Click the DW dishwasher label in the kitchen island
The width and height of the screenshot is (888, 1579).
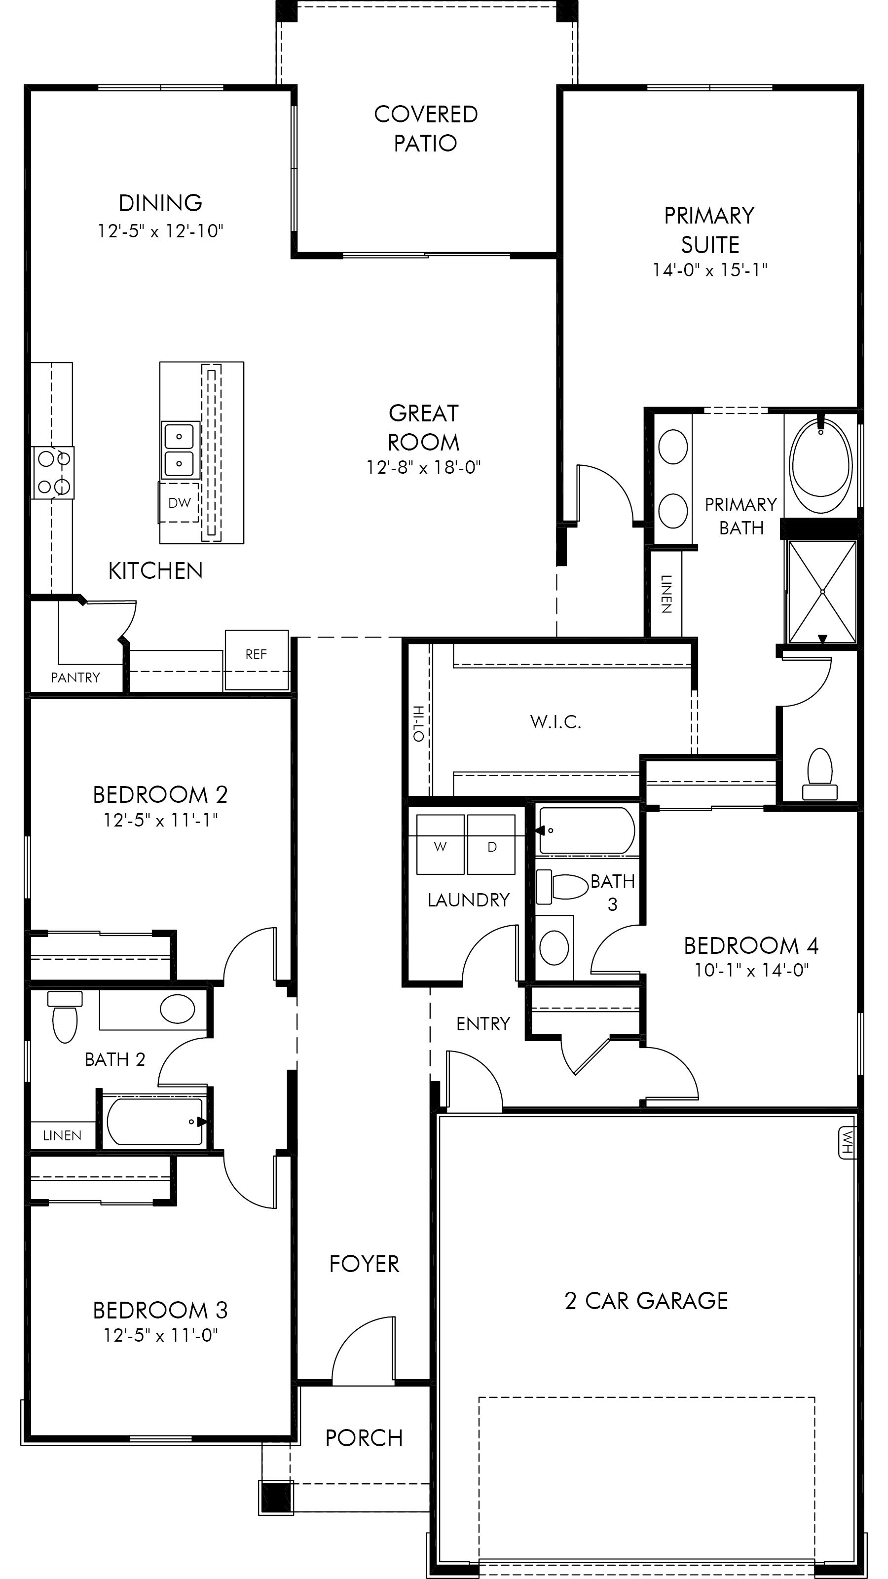180,503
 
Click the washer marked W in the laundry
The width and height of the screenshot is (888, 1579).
440,845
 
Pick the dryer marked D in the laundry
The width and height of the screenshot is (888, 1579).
491,845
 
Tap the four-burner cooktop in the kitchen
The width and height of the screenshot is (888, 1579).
53,473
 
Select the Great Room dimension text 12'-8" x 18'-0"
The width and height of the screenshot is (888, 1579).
423,468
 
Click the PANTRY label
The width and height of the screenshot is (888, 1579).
75,677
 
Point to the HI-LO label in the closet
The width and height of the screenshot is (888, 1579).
418,723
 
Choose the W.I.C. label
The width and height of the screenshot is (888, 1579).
555,722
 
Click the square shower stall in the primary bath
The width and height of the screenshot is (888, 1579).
822,592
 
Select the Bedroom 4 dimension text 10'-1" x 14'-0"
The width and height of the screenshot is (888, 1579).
751,970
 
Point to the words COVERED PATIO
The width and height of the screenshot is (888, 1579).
425,129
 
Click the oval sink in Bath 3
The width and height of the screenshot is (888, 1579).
554,947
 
